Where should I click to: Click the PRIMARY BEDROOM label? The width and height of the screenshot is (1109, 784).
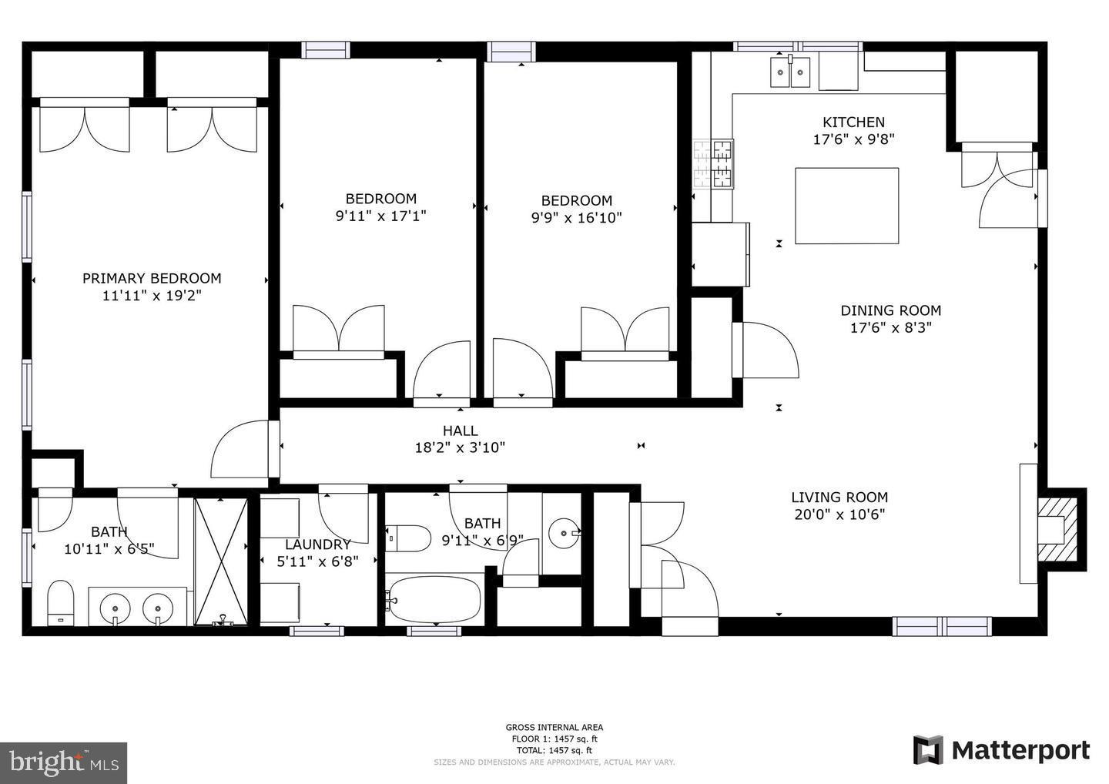[x=152, y=278]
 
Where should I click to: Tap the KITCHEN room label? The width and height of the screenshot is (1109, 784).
[x=853, y=122]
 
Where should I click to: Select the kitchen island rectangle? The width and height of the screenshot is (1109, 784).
[x=846, y=206]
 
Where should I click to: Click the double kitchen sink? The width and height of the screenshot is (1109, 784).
[x=790, y=72]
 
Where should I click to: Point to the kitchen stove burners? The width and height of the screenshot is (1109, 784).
[x=713, y=164]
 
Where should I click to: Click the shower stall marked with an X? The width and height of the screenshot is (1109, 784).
[x=221, y=561]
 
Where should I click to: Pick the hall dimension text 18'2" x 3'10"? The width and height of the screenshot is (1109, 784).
[x=460, y=447]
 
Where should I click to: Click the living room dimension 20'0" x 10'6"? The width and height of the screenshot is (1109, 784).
[x=839, y=514]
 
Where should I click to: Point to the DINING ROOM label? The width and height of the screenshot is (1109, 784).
[x=890, y=310]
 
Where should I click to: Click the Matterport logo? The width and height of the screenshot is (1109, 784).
[x=1001, y=749]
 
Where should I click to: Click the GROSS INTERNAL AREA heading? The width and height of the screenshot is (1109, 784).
[x=554, y=727]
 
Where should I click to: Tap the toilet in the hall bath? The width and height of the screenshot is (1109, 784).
[x=407, y=538]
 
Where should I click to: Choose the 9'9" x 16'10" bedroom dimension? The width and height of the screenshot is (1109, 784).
[x=576, y=218]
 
